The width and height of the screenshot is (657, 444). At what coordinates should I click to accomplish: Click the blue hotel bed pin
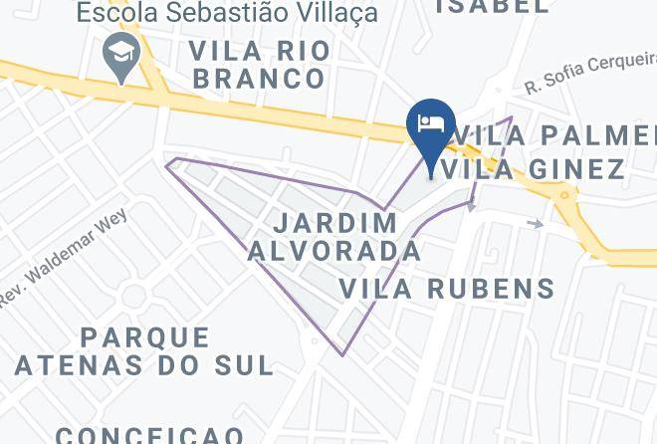coord(431,126)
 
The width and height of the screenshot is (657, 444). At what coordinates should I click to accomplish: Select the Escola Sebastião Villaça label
coord(228,13)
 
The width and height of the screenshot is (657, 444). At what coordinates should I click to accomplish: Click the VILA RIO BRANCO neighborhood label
coord(259,64)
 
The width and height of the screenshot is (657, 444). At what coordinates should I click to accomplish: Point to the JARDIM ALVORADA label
coord(334,236)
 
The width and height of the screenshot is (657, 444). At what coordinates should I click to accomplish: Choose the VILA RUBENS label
coord(447,289)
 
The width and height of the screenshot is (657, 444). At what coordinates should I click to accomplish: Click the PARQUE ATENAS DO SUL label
coord(144,350)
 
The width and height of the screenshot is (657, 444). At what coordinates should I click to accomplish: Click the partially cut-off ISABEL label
coord(492,6)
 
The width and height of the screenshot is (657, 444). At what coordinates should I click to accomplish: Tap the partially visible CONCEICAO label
coord(149,435)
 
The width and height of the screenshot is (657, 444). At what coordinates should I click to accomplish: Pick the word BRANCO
coord(259,78)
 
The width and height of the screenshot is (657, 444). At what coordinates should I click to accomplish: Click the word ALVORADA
coord(334,250)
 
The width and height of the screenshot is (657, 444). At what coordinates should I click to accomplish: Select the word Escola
coord(112,13)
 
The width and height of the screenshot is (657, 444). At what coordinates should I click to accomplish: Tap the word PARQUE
coord(146,336)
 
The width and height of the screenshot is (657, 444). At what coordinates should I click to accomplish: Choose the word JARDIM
coord(334,222)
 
